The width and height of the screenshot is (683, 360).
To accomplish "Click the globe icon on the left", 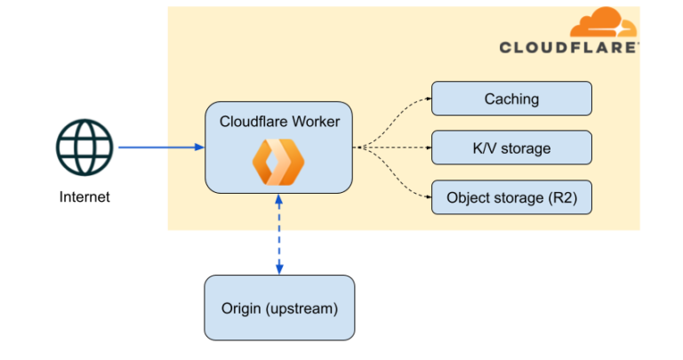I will pyautogui.click(x=85, y=148).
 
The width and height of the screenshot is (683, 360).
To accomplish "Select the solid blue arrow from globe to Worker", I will pyautogui.click(x=160, y=148).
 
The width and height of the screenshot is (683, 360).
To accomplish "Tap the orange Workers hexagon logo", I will pyautogui.click(x=278, y=161).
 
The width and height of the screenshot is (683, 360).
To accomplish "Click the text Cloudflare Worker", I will pyautogui.click(x=279, y=121).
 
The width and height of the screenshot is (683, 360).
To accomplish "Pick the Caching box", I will pyautogui.click(x=511, y=99).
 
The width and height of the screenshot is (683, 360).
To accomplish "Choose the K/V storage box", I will pyautogui.click(x=511, y=148).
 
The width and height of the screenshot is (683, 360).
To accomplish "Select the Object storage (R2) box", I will pyautogui.click(x=511, y=197).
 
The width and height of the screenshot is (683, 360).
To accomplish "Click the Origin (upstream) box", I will pyautogui.click(x=279, y=308).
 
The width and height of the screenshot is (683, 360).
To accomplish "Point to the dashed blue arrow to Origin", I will pyautogui.click(x=279, y=235).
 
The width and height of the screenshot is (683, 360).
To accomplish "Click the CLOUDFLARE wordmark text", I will pyautogui.click(x=567, y=47).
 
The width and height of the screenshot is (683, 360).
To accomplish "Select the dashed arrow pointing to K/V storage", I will pyautogui.click(x=396, y=148).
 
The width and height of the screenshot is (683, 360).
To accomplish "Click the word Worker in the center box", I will pyautogui.click(x=317, y=121).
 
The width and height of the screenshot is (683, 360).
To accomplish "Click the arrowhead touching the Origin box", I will pyautogui.click(x=279, y=270).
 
